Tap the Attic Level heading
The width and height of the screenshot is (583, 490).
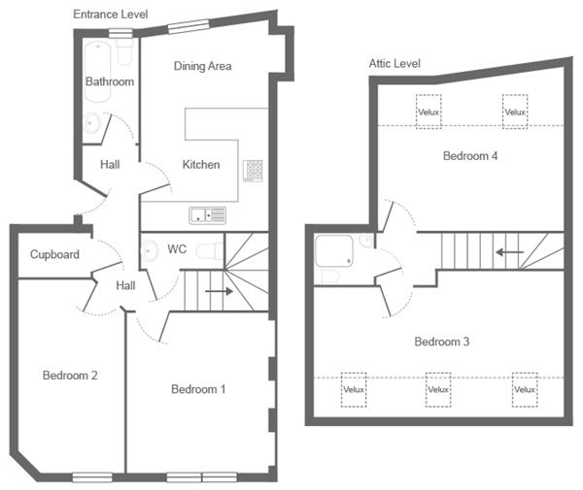[x=394, y=63]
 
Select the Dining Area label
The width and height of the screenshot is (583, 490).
[x=202, y=66]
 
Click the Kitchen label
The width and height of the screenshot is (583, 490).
[x=201, y=165]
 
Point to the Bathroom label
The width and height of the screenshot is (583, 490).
[x=109, y=82]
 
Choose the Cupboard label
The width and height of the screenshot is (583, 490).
[x=53, y=255]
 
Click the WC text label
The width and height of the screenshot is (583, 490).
[x=177, y=249]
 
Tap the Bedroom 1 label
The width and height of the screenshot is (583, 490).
[x=198, y=389]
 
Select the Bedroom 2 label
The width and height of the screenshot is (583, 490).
[x=69, y=375]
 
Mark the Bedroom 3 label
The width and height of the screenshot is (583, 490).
[x=442, y=342]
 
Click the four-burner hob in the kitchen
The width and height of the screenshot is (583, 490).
[x=254, y=170]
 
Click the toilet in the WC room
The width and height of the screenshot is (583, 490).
[x=205, y=251]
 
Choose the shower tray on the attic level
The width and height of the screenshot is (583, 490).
[x=336, y=253]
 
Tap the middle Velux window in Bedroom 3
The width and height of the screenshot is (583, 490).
[x=439, y=389]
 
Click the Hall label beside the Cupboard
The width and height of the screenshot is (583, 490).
[x=126, y=286]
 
